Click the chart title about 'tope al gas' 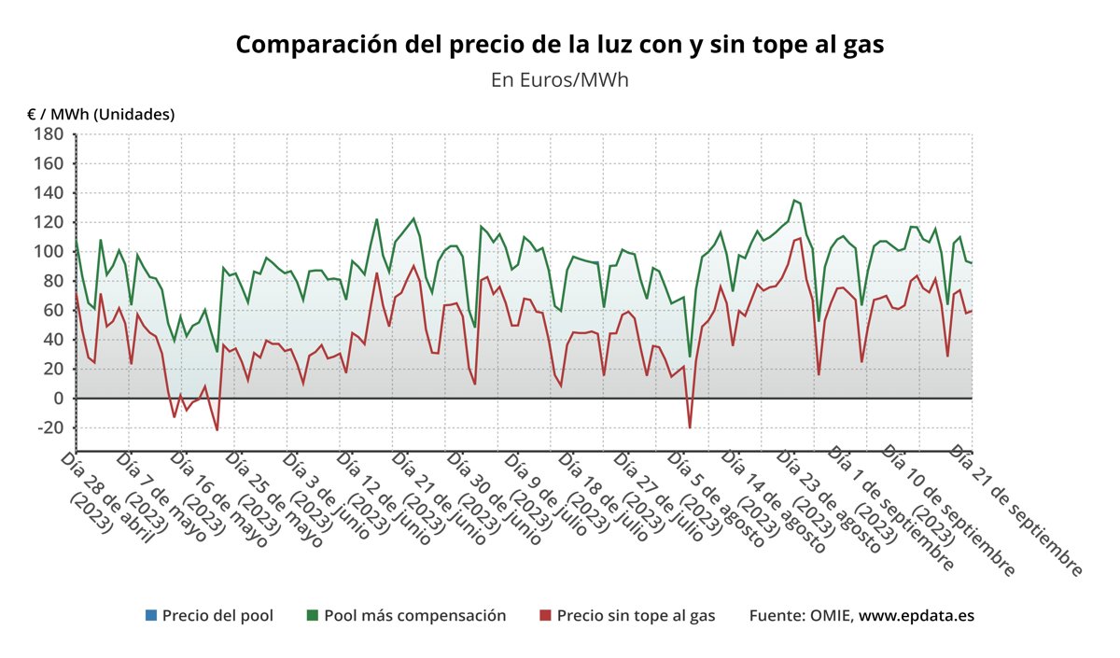(x=559, y=45)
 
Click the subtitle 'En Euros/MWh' (x=559, y=79)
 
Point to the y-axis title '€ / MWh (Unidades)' (x=101, y=114)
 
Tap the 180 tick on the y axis (x=49, y=134)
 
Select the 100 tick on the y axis (x=49, y=252)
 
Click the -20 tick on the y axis (x=45, y=427)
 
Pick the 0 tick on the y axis (x=56, y=399)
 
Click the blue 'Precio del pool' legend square (x=150, y=616)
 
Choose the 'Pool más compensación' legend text (x=414, y=616)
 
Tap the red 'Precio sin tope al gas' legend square (x=545, y=616)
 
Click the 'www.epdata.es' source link (x=917, y=616)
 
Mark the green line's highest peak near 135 (x=794, y=200)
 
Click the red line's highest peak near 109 (x=800, y=238)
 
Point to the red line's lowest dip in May (x=217, y=429)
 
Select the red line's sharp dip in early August (x=690, y=427)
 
